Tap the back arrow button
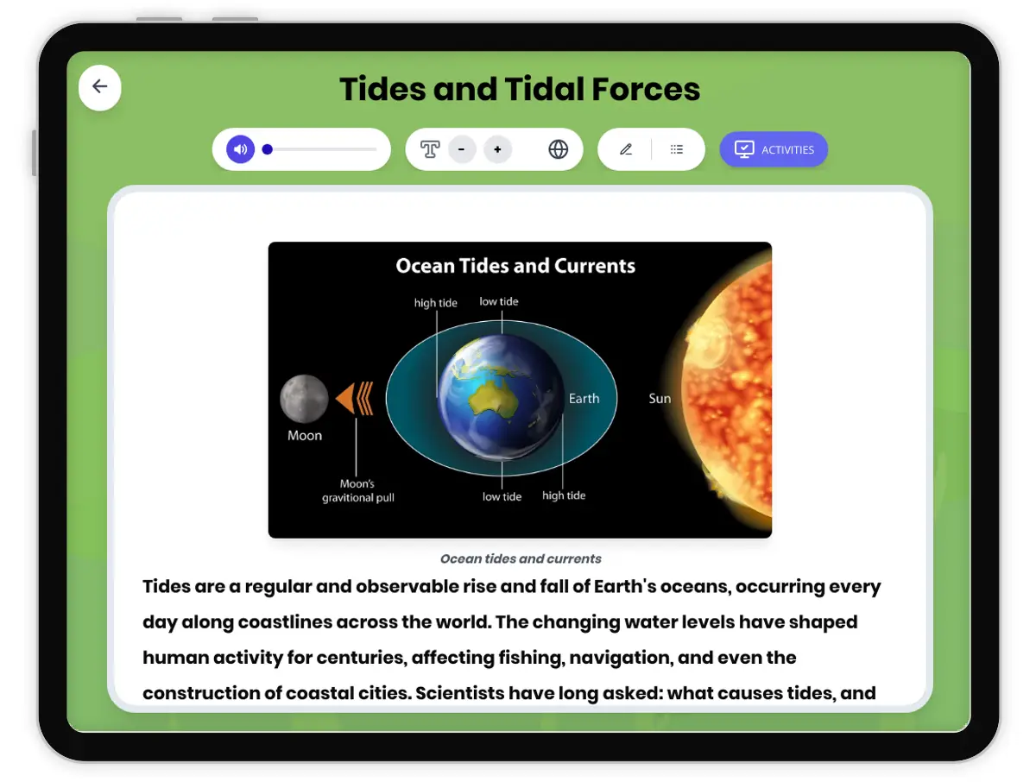coord(100,87)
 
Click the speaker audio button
coord(241,149)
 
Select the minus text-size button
coord(462,149)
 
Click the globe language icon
coord(559,149)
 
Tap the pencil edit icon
coord(626,149)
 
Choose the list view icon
coord(677,149)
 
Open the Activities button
coord(774,149)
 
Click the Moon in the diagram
coord(304,399)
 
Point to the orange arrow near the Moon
coord(355,399)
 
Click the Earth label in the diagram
coord(584,399)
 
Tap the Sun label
coord(660,399)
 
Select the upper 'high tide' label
coord(436,303)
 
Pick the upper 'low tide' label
coord(499,301)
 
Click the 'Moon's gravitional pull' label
coord(358,491)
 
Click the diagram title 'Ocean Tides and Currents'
coord(515,266)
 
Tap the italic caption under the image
coord(521,558)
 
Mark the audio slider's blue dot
coord(268,149)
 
